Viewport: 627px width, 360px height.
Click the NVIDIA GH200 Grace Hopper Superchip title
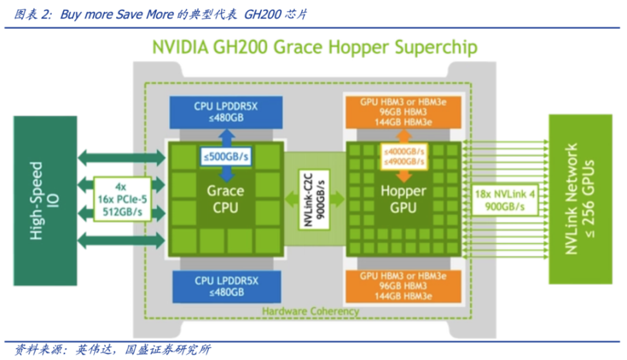click(315, 48)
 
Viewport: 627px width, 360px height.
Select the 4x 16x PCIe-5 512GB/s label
click(122, 199)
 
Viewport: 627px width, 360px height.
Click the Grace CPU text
click(225, 199)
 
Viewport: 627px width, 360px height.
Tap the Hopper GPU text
click(403, 199)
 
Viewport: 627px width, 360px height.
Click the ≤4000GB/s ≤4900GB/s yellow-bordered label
click(403, 156)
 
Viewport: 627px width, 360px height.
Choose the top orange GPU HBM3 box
click(403, 111)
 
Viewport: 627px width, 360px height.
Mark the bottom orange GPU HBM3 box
click(403, 286)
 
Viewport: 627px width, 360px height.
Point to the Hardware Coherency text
click(310, 312)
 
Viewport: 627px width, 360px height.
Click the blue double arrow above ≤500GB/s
click(225, 137)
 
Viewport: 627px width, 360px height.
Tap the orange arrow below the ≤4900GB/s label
click(403, 175)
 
